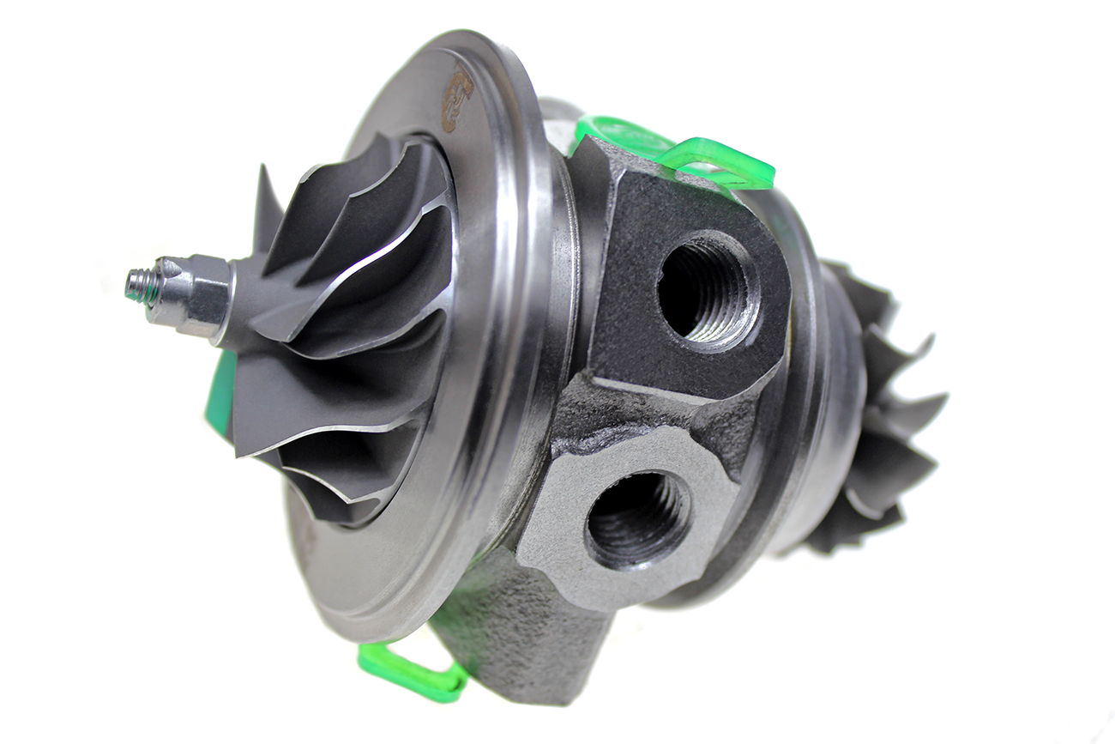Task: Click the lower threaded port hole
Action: click(636, 518)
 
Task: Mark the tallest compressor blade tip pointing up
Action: click(262, 176)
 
